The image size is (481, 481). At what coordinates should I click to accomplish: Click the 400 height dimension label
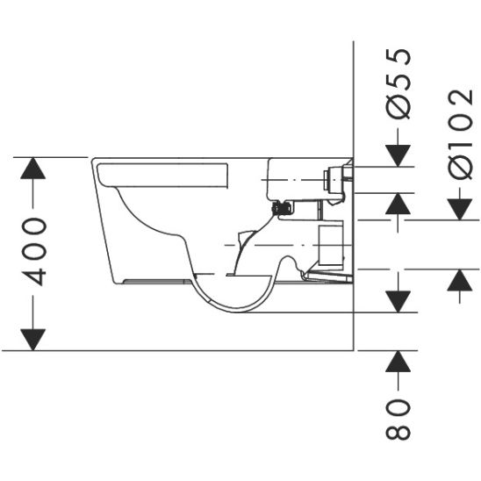coord(32,253)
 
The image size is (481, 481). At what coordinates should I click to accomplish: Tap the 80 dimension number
coord(398,419)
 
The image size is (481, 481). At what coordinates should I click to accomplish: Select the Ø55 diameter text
coord(398,84)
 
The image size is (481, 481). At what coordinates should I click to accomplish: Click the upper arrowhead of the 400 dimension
coord(32,169)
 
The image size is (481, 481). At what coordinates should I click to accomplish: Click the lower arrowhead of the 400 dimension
coord(32,338)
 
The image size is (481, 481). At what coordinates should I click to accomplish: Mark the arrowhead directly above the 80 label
coord(398,363)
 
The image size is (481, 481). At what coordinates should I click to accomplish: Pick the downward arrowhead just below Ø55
coord(398,154)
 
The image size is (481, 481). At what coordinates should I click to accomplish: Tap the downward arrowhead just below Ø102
coord(459,208)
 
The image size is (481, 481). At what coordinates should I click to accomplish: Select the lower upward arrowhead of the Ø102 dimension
coord(459,280)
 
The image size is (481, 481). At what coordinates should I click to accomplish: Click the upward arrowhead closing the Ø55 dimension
coord(398,205)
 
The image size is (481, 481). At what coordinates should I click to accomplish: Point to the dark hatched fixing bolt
coord(283,208)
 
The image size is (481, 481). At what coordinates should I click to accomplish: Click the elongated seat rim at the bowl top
coord(162,174)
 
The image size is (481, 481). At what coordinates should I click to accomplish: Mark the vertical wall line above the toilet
coord(352,97)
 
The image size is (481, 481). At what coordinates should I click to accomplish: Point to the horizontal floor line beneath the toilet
coord(176,350)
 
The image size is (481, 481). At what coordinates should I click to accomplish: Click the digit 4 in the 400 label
coord(32,274)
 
